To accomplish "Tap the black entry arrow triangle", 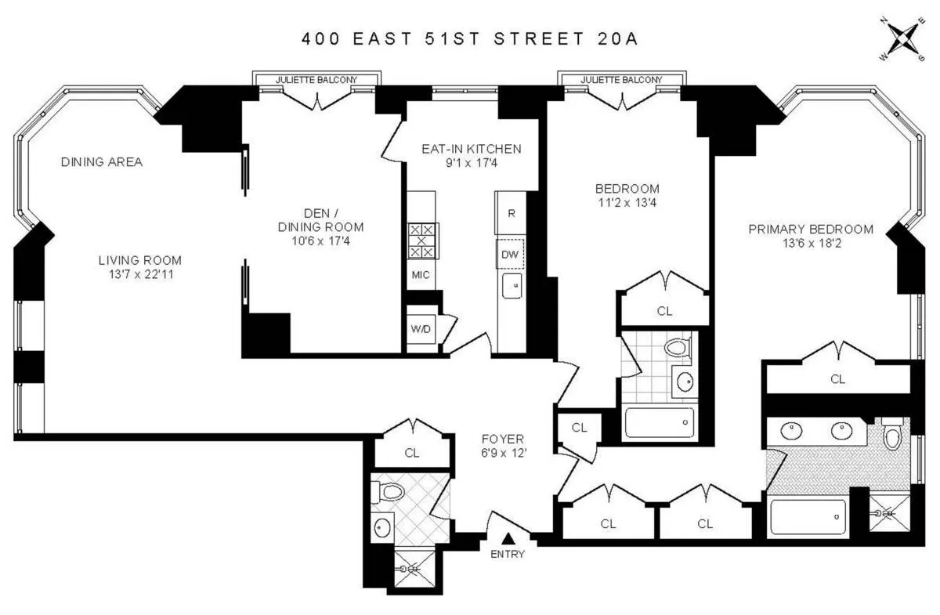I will (508, 538).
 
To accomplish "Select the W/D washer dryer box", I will (421, 329).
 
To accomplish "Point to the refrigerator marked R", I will (511, 213).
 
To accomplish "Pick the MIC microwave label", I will (421, 275).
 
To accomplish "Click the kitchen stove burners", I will (422, 241).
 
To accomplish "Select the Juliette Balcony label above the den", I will (316, 80).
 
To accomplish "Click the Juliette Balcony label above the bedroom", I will (621, 80).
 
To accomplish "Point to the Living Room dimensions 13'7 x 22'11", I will (140, 275).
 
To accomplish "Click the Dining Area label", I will (102, 162).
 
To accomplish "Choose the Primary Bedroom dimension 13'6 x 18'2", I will (811, 244).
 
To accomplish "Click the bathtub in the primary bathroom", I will (808, 518).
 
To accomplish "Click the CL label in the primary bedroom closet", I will (837, 379).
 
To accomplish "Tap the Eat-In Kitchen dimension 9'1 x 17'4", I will (471, 163).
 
